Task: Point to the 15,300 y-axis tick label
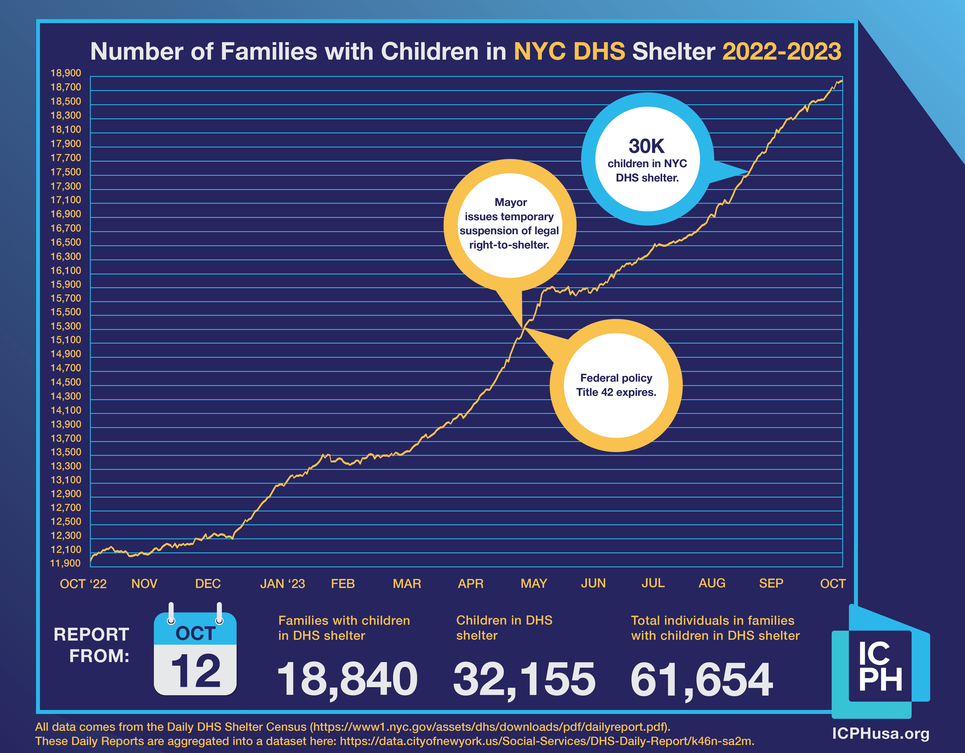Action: pos(66,326)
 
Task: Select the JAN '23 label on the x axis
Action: pos(282,584)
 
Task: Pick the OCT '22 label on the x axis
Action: pos(83,584)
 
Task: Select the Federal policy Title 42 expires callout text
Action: pos(616,385)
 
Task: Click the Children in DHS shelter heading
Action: pos(504,628)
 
